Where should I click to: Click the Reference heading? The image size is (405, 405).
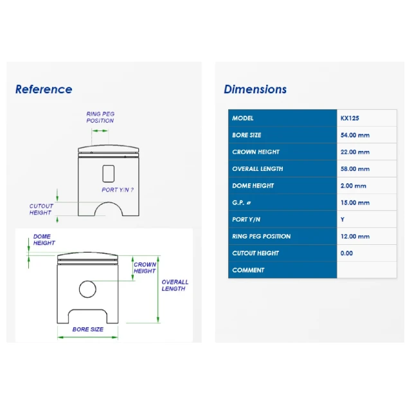click(44, 89)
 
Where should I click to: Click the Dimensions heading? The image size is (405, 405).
click(255, 89)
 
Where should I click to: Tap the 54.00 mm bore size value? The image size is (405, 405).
click(355, 135)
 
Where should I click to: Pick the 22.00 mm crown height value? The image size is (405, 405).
click(355, 152)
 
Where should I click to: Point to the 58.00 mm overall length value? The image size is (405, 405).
click(355, 169)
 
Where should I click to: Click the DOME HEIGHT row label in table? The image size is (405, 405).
click(253, 186)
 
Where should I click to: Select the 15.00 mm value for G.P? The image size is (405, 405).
click(355, 203)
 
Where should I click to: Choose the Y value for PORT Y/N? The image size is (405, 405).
click(343, 220)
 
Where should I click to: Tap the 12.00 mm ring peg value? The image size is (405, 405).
click(355, 237)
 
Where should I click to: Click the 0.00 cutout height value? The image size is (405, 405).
click(346, 253)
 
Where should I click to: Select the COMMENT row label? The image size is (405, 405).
click(248, 270)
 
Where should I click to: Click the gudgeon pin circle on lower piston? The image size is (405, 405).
click(87, 281)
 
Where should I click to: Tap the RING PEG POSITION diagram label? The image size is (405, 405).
click(100, 117)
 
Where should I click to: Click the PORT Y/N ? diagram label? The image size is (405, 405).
click(118, 190)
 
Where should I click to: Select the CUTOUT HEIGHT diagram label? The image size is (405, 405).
click(41, 209)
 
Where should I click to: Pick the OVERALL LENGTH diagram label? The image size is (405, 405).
click(175, 285)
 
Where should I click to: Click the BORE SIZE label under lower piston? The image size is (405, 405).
click(88, 329)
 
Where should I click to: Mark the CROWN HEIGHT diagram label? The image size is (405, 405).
click(145, 267)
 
